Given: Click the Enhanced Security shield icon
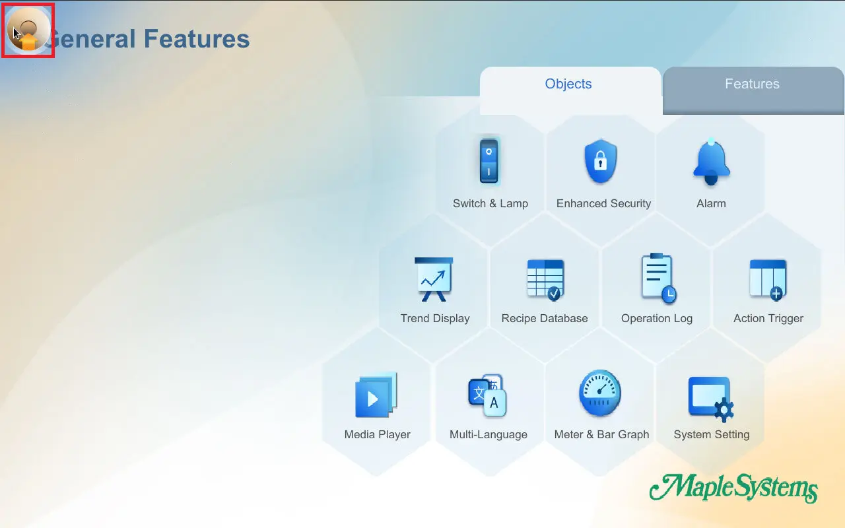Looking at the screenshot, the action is (601, 162).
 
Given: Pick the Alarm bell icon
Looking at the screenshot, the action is (712, 162).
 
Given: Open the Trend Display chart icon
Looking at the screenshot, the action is (434, 279).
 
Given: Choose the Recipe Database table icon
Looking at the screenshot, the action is (545, 280).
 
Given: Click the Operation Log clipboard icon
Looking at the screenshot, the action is (658, 279).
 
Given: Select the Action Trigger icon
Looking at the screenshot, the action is (768, 280).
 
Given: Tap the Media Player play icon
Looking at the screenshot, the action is (376, 395).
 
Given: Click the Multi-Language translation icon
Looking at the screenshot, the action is (487, 395).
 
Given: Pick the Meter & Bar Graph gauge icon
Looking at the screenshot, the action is (600, 393).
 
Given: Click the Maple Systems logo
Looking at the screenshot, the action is (733, 488).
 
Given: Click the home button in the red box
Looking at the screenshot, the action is (28, 30).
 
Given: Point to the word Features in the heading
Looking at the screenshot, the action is (197, 39).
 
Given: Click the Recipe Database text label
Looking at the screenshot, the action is (545, 318).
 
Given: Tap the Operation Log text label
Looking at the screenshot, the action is (657, 318).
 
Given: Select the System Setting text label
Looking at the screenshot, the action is (712, 434).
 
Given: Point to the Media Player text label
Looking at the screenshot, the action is (377, 434).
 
